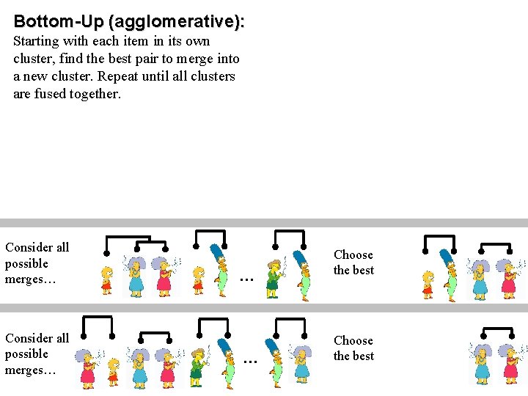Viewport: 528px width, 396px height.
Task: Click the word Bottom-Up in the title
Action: [x=58, y=21]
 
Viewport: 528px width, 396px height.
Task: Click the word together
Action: [x=95, y=94]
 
